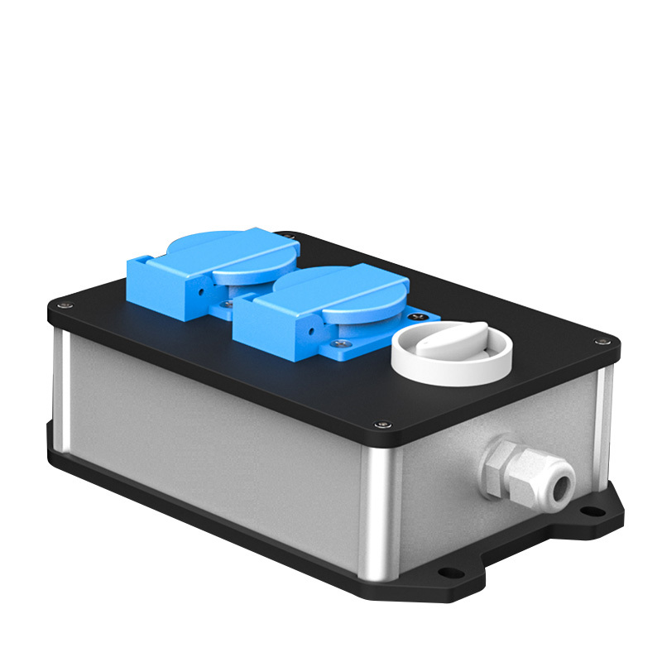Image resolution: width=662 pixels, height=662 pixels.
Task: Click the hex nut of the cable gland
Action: tap(507, 466)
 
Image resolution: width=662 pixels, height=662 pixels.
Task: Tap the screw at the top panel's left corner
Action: tap(63, 308)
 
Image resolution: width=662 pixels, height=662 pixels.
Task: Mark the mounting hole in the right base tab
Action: tap(594, 511)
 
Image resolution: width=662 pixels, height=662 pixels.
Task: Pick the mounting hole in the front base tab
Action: tap(447, 571)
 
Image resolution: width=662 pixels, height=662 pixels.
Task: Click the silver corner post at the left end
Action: tap(58, 381)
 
